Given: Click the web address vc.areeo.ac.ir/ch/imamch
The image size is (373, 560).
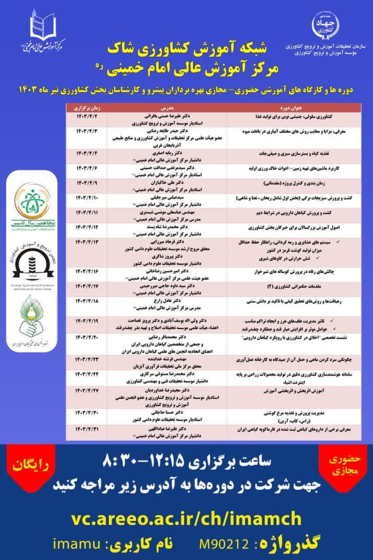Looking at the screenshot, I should tap(186, 519).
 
